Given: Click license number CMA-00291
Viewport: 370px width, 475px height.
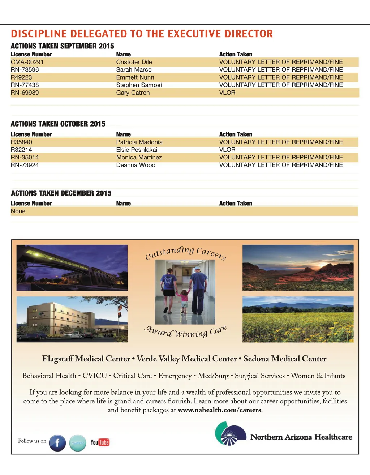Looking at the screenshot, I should click(27, 62).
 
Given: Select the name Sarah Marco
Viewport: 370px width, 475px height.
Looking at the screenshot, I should click(134, 70).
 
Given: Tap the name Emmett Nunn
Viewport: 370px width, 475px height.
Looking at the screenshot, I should click(135, 77).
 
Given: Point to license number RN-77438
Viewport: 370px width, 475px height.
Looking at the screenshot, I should click(25, 85).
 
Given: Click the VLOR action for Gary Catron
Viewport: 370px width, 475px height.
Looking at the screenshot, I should click(227, 93).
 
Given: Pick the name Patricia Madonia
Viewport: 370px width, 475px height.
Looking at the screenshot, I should click(139, 142).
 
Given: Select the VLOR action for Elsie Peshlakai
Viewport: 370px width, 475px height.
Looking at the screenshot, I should click(227, 150).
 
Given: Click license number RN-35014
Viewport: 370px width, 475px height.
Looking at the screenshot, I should click(25, 158).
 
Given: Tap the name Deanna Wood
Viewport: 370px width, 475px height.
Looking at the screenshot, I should click(135, 165).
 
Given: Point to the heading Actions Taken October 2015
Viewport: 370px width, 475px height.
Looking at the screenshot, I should click(58, 124).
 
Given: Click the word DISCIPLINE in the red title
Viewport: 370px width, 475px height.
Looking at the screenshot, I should click(39, 34).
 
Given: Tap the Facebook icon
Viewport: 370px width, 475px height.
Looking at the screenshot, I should click(57, 443).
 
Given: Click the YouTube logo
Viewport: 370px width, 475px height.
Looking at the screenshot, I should click(100, 442).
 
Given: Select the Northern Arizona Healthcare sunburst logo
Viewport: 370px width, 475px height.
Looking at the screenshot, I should click(228, 434).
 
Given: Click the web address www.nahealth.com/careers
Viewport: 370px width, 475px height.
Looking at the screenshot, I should click(219, 410).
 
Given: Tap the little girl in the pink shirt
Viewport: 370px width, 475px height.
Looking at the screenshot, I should click(184, 298).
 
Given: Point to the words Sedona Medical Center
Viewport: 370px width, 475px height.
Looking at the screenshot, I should click(285, 359).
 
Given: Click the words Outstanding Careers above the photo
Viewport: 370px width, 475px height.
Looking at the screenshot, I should click(185, 252).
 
